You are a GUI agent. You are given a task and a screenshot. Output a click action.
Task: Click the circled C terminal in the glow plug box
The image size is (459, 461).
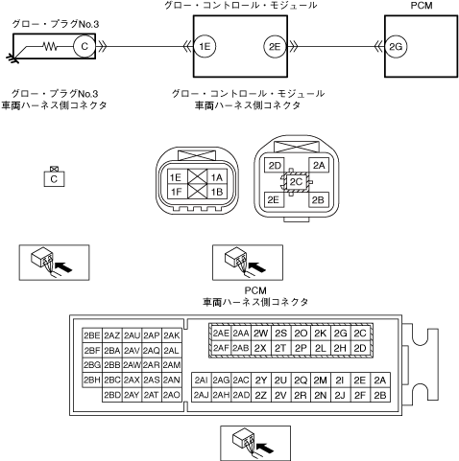[85, 47]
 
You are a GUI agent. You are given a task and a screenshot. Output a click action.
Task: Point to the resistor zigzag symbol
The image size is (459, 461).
[50, 47]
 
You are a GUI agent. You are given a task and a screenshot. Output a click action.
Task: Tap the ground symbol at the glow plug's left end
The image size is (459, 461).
[12, 58]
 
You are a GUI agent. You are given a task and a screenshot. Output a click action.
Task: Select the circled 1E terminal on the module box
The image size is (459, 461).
[205, 47]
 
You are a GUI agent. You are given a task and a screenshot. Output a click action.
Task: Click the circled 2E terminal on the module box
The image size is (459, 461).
[275, 47]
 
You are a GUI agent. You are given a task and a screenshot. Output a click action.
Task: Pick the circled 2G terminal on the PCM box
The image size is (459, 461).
[396, 47]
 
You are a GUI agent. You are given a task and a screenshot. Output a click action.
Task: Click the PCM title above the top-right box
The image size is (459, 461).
[422, 6]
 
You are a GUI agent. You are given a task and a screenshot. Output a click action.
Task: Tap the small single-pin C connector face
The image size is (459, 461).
[54, 179]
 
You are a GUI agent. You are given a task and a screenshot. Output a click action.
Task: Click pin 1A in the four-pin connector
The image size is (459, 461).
[217, 177]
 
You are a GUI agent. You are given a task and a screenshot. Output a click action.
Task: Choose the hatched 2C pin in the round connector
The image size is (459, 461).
[296, 182]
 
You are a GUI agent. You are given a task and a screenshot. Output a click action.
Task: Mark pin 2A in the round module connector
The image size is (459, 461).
[319, 165]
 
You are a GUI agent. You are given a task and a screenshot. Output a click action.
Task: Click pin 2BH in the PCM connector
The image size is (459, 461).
[92, 380]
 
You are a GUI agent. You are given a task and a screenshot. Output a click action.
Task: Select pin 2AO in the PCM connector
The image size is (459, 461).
[172, 395]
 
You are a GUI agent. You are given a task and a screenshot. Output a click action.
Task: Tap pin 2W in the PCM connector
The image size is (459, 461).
[261, 334]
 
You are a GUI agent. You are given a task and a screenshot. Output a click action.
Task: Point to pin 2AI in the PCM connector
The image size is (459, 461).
[202, 380]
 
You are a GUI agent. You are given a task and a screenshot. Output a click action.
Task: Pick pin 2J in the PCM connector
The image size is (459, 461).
[340, 396]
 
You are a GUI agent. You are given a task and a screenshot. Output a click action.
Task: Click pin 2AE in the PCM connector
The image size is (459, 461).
[221, 334]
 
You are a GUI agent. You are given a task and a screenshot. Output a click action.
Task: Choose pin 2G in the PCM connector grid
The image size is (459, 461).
[340, 334]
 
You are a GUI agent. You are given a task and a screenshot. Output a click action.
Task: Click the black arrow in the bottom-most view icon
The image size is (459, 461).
[265, 448]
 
